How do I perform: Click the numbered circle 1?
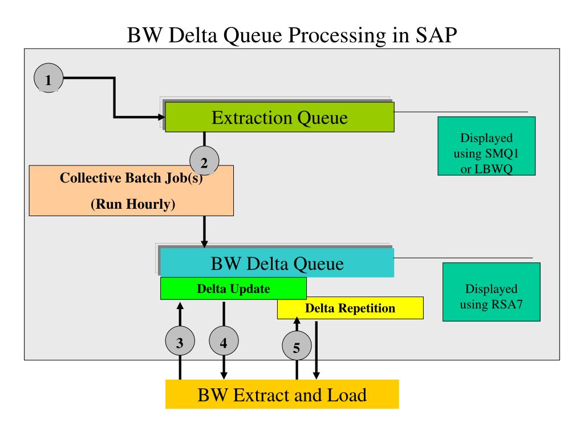point(48,78)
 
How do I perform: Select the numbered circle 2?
point(204,161)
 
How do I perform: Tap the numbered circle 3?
point(180,341)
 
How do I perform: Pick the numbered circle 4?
point(224,341)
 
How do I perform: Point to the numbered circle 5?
point(297,346)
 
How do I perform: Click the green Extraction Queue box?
point(279,117)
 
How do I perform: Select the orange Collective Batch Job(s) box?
point(132,190)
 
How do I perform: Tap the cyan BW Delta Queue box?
point(277,263)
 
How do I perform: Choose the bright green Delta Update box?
point(233,289)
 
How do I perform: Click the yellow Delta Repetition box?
point(351,308)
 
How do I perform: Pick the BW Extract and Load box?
point(282,395)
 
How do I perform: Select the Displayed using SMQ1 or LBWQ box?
point(486,146)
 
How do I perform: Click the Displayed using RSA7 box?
point(492,292)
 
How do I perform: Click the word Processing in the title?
point(337,36)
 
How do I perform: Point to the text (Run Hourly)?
point(133,204)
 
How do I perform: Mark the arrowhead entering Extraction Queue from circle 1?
point(161,117)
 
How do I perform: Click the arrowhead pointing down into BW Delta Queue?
point(205,244)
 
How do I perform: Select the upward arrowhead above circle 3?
point(180,306)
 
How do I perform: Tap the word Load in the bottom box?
point(347,395)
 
